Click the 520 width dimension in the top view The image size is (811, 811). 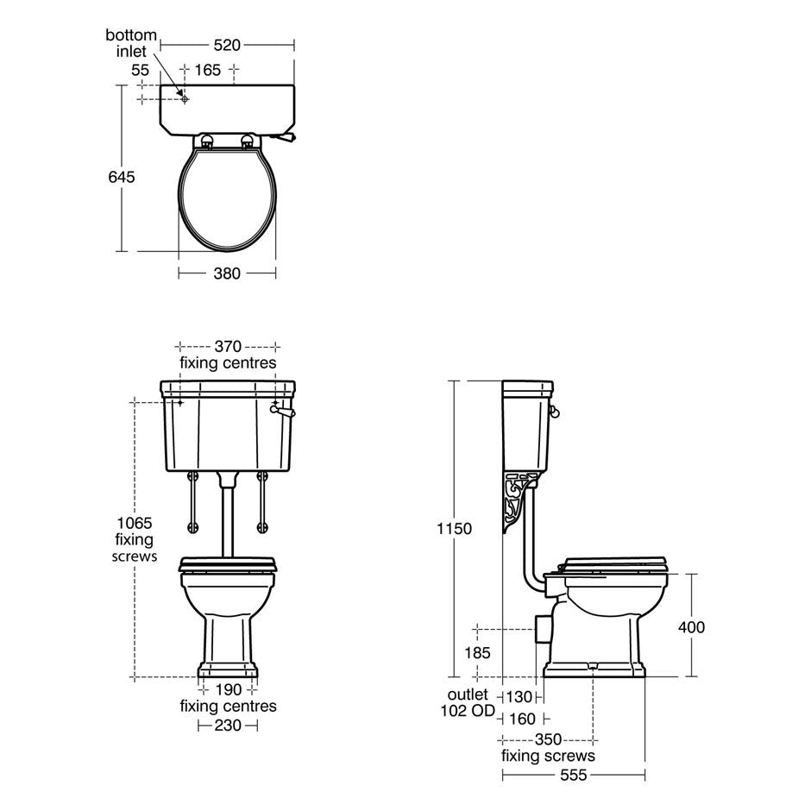tap(227, 45)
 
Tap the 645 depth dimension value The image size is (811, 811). tap(122, 177)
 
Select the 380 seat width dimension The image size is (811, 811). tap(227, 273)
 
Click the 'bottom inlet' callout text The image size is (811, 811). tap(131, 43)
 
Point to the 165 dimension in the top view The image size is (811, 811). tap(207, 70)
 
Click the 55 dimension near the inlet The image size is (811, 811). tap(141, 70)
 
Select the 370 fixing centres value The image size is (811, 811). tap(228, 346)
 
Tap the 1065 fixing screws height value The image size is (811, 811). tap(134, 523)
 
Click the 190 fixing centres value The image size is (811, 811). tap(228, 689)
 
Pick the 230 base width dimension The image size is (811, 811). tap(228, 726)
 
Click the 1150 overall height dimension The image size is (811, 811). tap(455, 529)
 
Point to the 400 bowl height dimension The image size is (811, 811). tap(690, 627)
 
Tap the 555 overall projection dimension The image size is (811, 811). tap(573, 776)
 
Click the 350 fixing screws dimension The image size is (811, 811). tap(548, 739)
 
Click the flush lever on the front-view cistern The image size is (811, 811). tap(282, 413)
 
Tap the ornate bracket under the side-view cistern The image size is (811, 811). tap(518, 500)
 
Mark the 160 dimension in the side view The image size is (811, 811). tap(522, 719)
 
